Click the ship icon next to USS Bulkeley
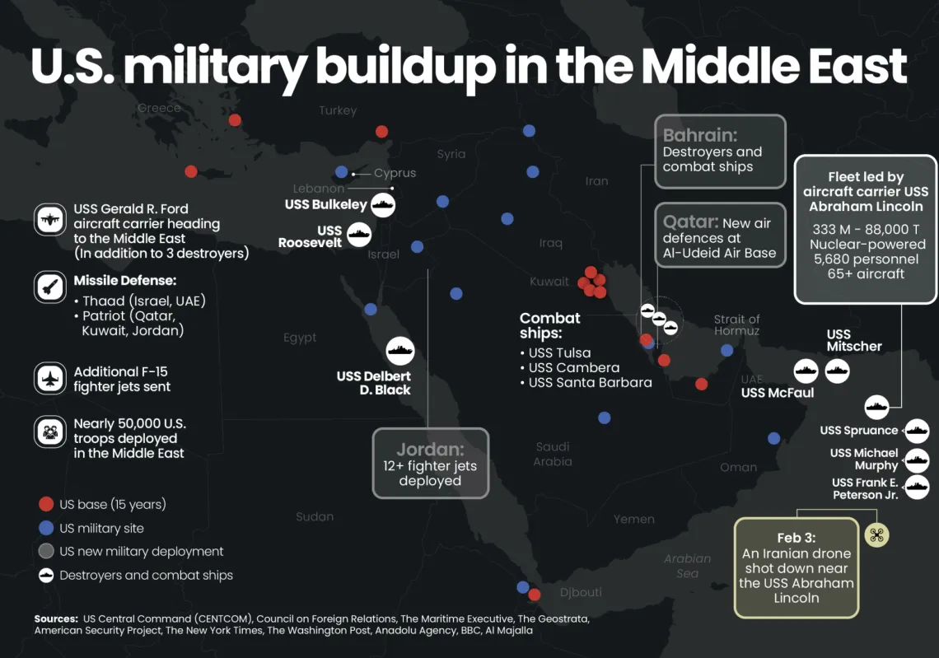click(383, 204)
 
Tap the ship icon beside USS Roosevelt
click(359, 236)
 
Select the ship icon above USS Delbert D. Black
click(400, 351)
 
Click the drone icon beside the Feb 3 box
click(876, 535)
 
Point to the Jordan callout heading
click(430, 450)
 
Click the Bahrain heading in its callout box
click(699, 135)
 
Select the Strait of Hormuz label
click(736, 324)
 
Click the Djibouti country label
click(581, 592)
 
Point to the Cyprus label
click(395, 173)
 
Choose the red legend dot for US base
click(46, 504)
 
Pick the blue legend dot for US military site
click(46, 528)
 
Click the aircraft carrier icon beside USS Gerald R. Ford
click(49, 220)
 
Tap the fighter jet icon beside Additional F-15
click(49, 379)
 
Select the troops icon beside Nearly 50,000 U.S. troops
click(49, 431)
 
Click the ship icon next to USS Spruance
click(916, 430)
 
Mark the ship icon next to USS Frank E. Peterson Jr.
click(916, 488)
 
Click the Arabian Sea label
click(687, 566)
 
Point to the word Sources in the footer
click(56, 618)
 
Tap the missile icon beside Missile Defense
click(49, 287)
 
